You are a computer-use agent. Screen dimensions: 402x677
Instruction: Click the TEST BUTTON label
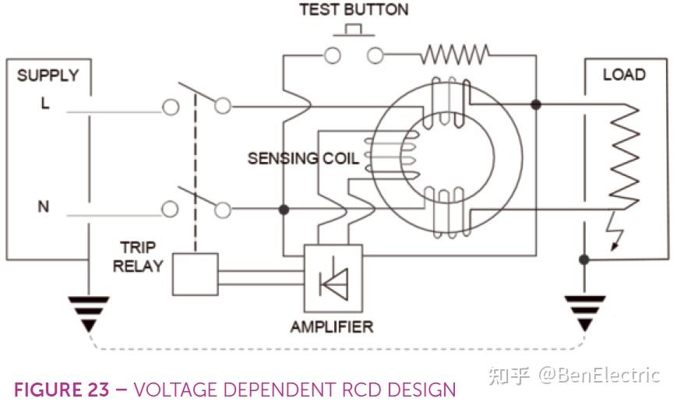(354, 10)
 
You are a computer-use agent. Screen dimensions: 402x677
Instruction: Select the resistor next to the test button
(455, 55)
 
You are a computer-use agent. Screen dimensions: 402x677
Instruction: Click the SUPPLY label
(48, 76)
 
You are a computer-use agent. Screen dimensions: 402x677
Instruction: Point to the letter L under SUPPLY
(45, 104)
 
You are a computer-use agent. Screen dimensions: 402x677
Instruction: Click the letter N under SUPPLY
(44, 207)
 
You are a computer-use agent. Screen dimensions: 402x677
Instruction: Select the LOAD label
(623, 75)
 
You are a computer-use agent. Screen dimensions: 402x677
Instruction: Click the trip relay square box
(194, 274)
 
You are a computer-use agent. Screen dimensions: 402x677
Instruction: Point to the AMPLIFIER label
(332, 326)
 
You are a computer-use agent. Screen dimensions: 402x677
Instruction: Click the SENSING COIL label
(303, 159)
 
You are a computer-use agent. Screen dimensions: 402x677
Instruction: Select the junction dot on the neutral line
(284, 210)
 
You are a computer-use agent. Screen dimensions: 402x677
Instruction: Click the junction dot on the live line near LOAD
(535, 104)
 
